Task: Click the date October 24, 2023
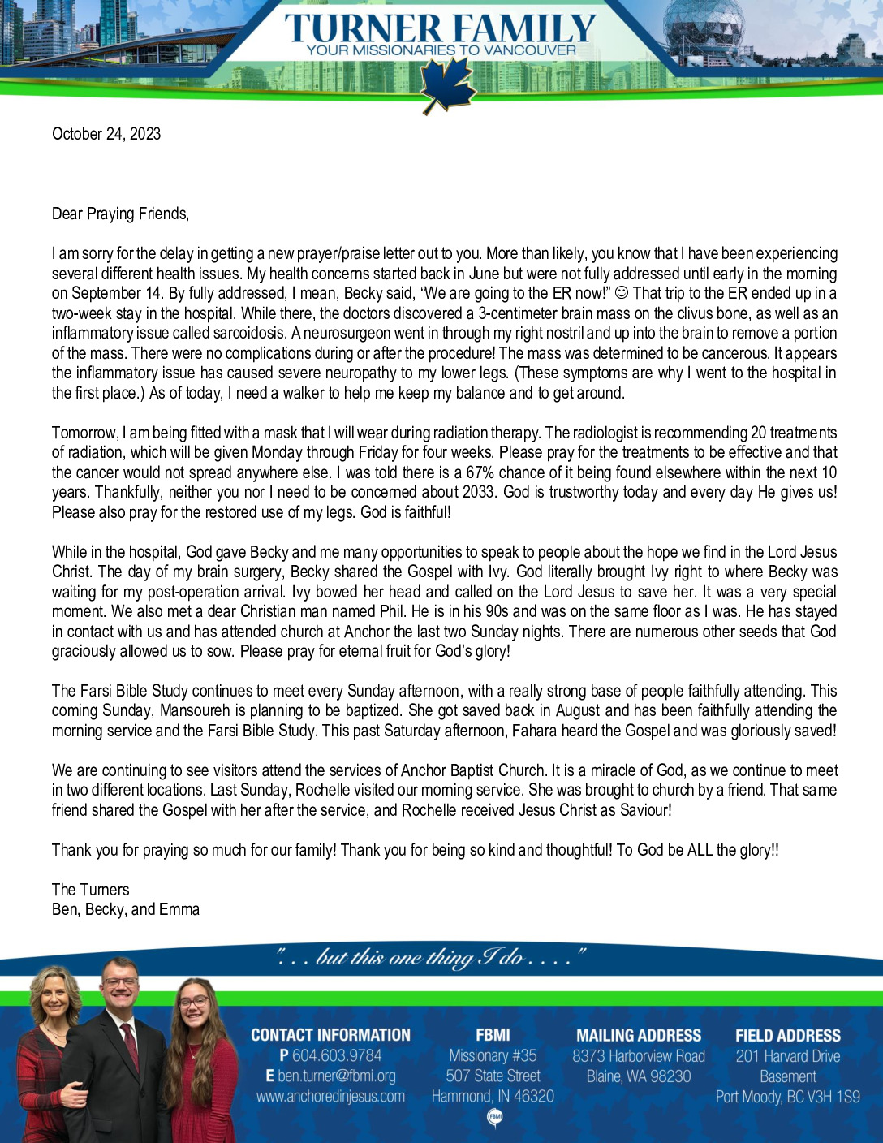click(106, 134)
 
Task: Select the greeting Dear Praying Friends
click(120, 214)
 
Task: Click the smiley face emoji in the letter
click(621, 293)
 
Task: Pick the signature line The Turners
click(90, 890)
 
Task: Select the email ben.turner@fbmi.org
click(337, 1076)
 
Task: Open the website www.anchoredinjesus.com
click(330, 1097)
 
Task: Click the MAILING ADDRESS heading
click(639, 1036)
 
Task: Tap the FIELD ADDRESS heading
click(788, 1036)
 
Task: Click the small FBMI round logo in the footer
click(493, 1119)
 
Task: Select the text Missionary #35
click(493, 1056)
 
